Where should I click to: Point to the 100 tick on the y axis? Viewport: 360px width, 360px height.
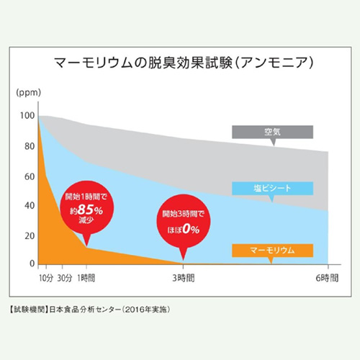point(27,116)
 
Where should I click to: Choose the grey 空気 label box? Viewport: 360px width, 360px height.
point(272,132)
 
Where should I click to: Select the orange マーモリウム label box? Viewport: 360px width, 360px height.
point(272,250)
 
